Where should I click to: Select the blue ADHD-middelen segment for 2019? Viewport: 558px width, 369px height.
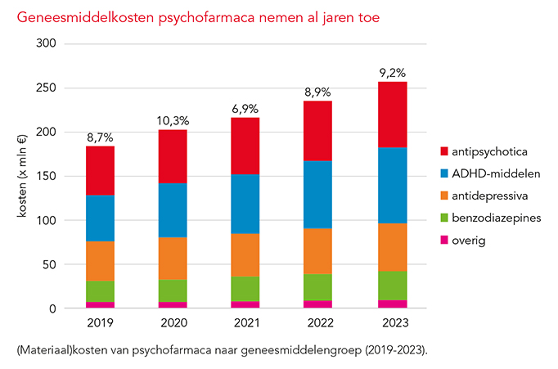100,218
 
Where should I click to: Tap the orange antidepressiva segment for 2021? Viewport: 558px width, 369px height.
246,254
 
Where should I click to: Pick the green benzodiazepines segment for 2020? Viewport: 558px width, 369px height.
173,290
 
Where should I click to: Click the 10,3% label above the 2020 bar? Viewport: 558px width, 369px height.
173,121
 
